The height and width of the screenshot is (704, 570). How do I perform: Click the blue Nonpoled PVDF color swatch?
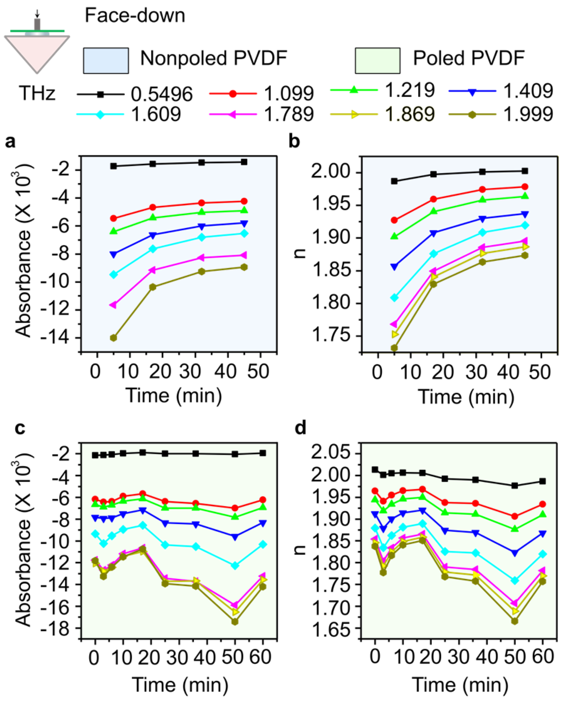pyautogui.click(x=106, y=60)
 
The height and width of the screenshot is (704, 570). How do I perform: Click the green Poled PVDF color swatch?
pyautogui.click(x=377, y=60)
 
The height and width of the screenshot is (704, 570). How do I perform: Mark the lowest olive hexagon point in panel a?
pyautogui.click(x=114, y=338)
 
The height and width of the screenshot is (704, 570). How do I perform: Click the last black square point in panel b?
pyautogui.click(x=525, y=171)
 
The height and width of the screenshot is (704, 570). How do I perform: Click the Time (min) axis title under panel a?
pyautogui.click(x=174, y=396)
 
